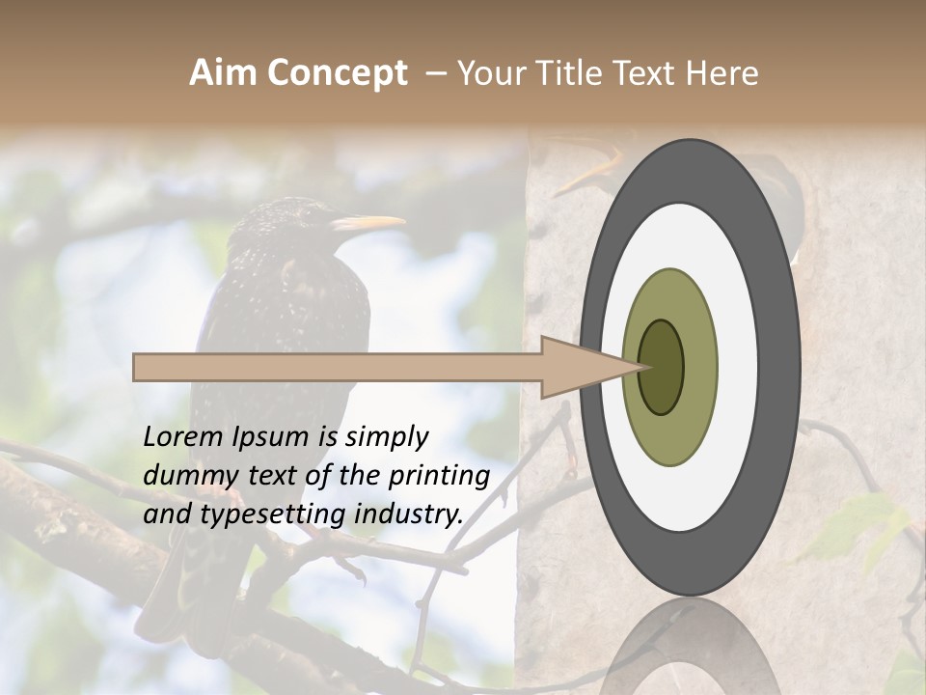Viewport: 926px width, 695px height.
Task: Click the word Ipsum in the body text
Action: [x=269, y=437]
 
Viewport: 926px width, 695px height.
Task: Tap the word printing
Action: [x=442, y=476]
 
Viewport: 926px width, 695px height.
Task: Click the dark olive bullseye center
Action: [x=661, y=368]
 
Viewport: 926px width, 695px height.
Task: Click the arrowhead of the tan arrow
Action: [x=579, y=367]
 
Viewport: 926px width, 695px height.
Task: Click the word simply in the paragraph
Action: [x=386, y=437]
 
